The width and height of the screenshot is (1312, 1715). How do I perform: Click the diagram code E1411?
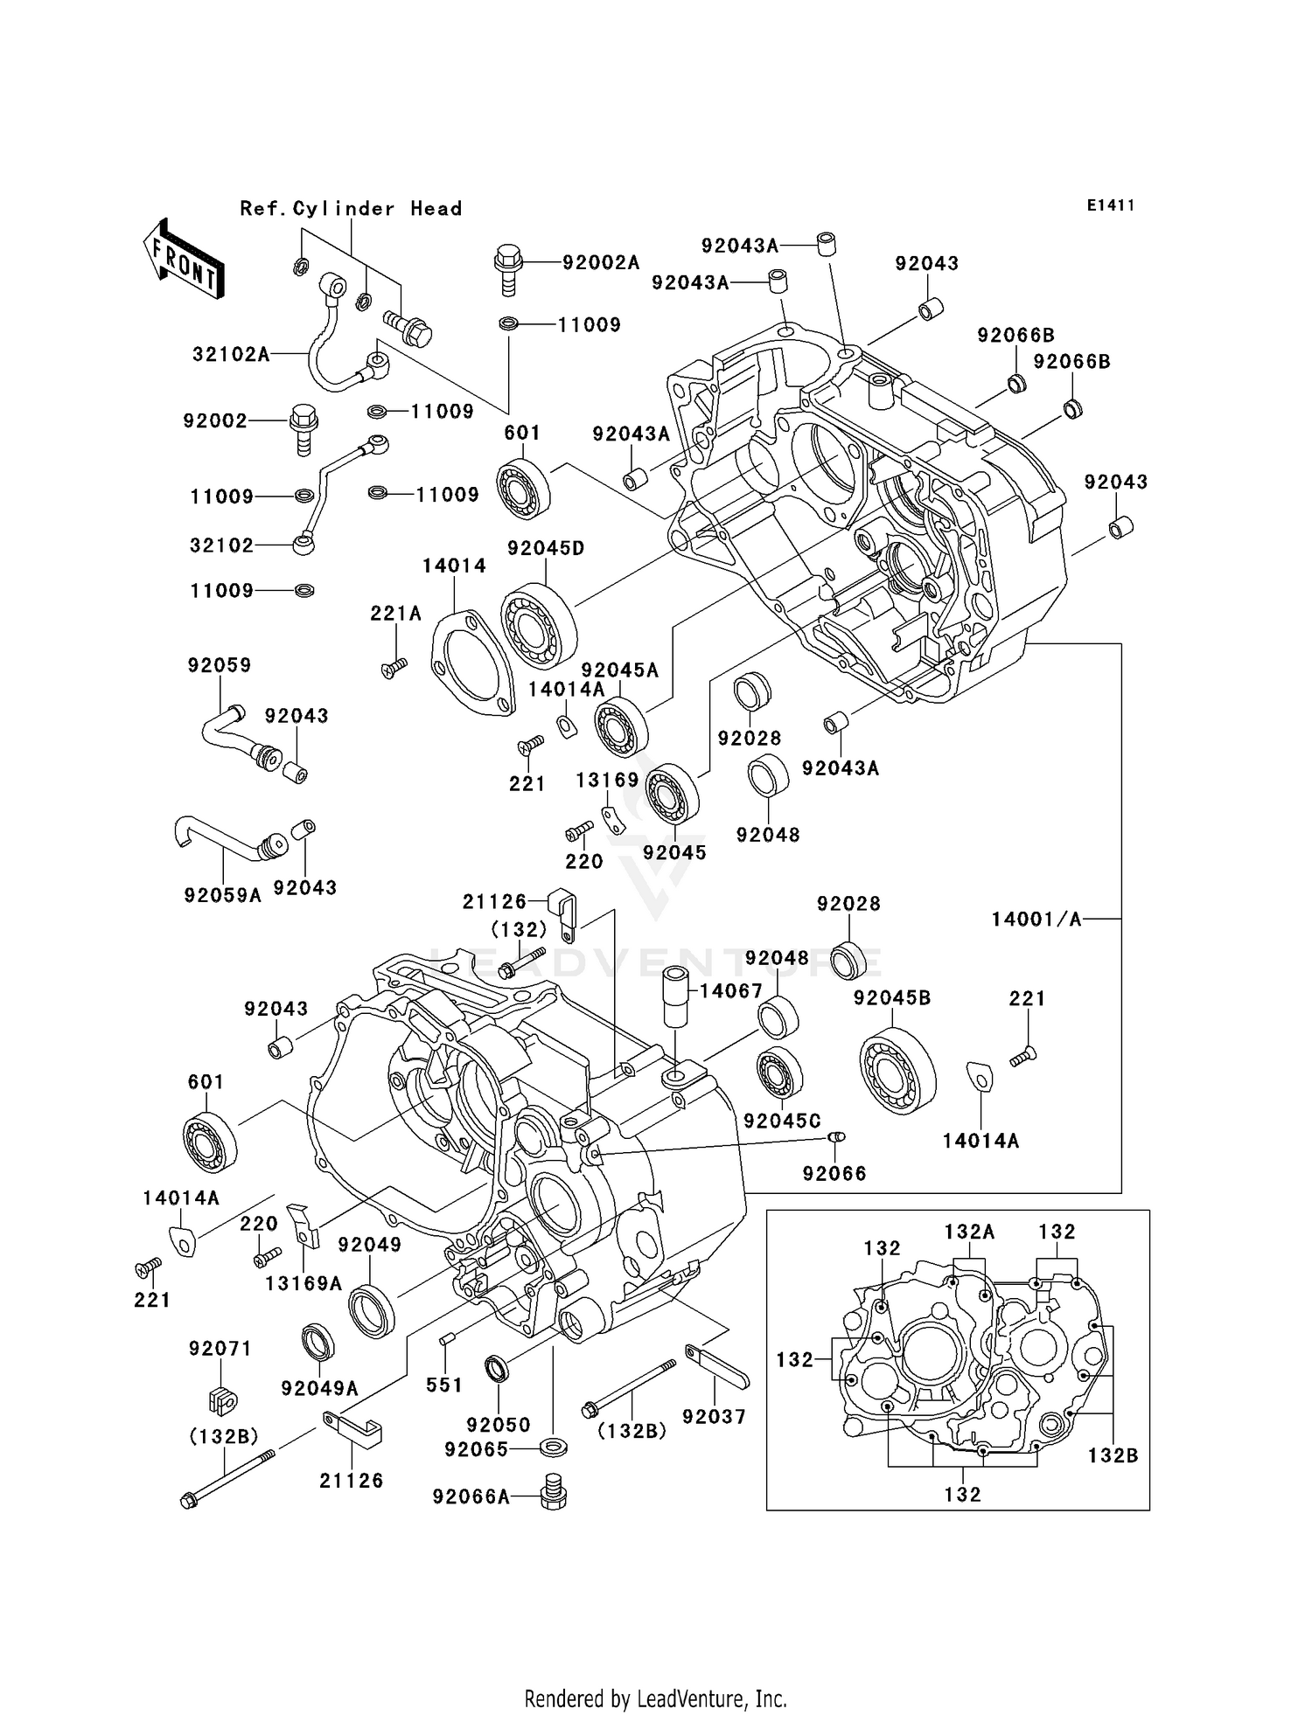point(1111,205)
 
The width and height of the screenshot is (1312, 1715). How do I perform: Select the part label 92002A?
point(601,262)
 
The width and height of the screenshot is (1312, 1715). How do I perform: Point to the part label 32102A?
point(231,354)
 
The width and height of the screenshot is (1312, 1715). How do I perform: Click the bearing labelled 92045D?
point(539,625)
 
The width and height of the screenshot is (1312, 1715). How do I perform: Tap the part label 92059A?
point(223,895)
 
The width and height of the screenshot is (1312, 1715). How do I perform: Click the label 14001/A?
point(1036,919)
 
